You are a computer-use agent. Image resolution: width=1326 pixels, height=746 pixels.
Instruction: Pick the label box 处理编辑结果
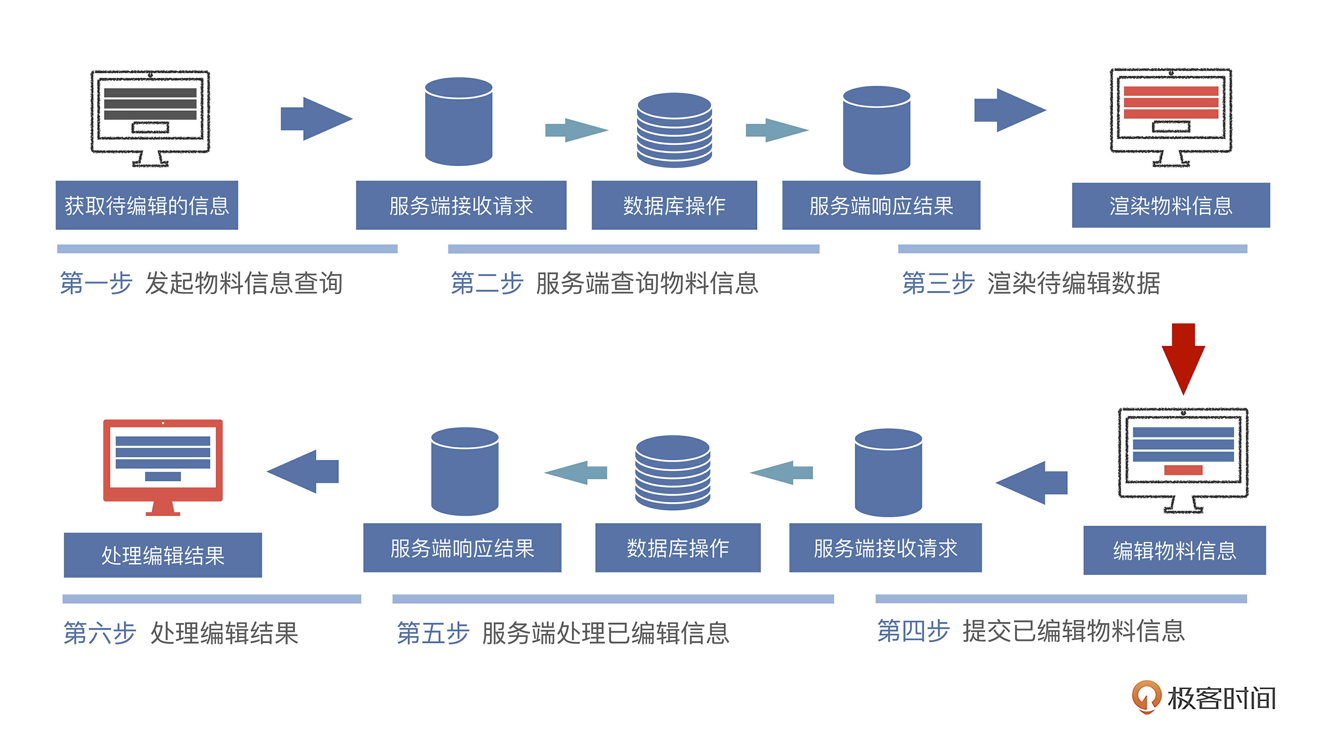click(163, 555)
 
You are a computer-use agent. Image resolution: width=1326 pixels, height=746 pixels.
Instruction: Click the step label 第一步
click(96, 283)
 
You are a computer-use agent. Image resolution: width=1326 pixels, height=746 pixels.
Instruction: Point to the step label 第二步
click(486, 283)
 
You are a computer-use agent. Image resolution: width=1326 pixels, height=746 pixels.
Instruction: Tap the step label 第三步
click(938, 283)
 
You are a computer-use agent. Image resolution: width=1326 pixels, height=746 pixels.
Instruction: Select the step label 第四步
click(913, 631)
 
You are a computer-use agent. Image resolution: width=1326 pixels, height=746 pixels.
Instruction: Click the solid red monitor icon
click(163, 466)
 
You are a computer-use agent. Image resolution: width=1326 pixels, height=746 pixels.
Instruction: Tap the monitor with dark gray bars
click(150, 117)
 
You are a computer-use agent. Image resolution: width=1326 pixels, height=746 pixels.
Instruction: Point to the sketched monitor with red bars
click(1171, 116)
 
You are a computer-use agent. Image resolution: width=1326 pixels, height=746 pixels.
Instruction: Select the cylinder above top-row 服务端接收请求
click(459, 121)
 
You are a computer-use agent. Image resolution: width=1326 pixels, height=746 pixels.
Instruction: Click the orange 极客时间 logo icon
click(1146, 697)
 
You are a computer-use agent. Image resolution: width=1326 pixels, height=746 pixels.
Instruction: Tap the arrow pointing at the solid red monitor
click(304, 471)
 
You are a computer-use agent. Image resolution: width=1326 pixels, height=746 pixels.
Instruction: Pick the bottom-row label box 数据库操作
click(677, 548)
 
